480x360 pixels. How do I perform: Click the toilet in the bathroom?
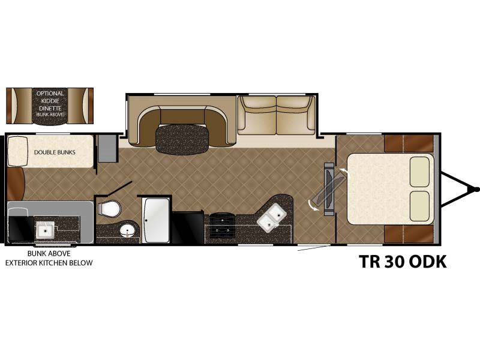[x=109, y=209]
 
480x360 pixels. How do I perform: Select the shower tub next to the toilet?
[x=156, y=220]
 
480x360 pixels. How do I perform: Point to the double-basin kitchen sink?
[x=271, y=218]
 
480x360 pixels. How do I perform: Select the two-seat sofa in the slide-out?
[x=277, y=115]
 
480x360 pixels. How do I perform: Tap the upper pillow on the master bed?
[x=419, y=172]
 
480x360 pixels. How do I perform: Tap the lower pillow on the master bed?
[x=419, y=206]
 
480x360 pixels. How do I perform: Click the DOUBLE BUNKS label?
[x=55, y=152]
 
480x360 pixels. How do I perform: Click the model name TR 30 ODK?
[x=403, y=262]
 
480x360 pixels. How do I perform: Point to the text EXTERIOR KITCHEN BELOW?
[x=49, y=263]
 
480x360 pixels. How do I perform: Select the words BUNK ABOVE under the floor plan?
[x=49, y=253]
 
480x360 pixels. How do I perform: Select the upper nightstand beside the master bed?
[x=409, y=143]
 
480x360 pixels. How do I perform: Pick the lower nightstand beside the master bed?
[x=409, y=234]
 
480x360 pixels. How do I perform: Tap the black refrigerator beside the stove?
[x=188, y=228]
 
